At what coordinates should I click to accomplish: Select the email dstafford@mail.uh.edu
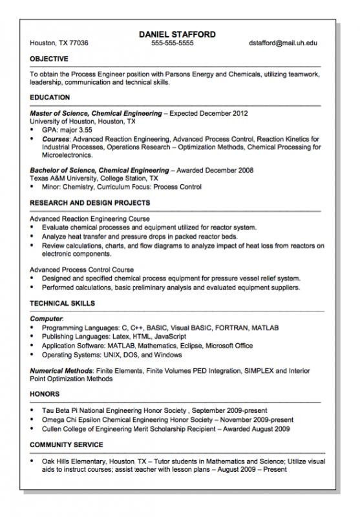(282, 43)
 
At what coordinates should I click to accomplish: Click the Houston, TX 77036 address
(59, 43)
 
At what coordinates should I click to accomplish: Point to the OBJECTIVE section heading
(49, 59)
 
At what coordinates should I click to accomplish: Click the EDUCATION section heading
(50, 98)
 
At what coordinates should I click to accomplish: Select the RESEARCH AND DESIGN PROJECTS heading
(90, 203)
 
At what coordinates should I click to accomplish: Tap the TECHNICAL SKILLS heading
(62, 303)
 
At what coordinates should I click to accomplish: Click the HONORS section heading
(45, 394)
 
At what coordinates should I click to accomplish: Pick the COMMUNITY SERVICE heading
(67, 445)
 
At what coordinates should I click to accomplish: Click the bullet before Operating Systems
(33, 355)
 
